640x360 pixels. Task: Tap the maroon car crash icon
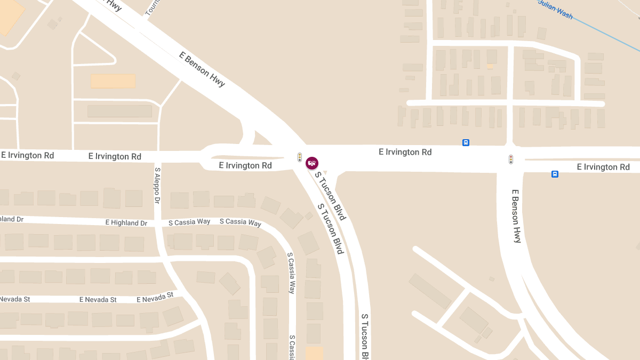click(x=312, y=163)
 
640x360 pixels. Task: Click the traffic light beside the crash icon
click(x=300, y=157)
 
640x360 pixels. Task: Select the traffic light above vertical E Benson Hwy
click(x=511, y=159)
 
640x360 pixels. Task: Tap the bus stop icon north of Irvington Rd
click(x=466, y=143)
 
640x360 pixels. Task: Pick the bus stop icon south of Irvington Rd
click(x=555, y=174)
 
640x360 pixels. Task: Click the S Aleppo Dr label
click(x=157, y=186)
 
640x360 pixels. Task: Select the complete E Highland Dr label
click(x=126, y=223)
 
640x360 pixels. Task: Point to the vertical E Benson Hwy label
click(x=516, y=216)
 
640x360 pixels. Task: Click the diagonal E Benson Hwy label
click(x=202, y=69)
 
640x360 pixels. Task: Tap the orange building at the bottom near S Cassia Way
click(x=314, y=353)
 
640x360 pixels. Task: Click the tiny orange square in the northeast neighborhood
click(x=490, y=66)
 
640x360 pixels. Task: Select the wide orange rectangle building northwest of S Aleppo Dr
click(x=113, y=81)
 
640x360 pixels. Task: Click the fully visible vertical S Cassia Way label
click(x=291, y=273)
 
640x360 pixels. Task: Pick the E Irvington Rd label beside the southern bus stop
click(x=603, y=167)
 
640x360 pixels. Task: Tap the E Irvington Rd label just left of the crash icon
click(x=245, y=165)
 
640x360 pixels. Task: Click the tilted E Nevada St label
click(x=155, y=297)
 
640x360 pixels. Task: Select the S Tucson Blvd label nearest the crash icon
click(x=331, y=196)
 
